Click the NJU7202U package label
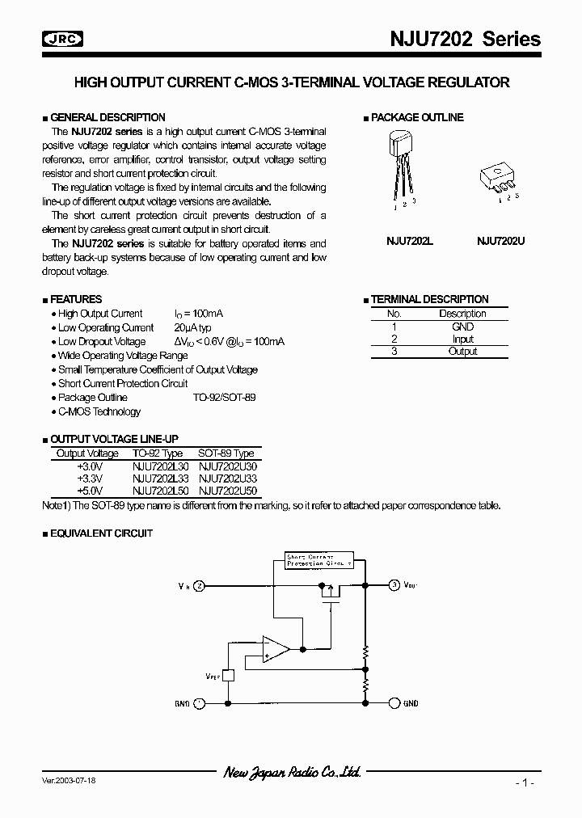[500, 240]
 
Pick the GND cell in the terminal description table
[462, 327]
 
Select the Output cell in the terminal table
[462, 352]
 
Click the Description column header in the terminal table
[462, 314]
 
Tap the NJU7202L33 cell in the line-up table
[160, 479]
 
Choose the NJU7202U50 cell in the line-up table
[227, 491]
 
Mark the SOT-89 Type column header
[226, 453]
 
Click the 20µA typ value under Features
[192, 327]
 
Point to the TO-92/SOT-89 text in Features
[224, 398]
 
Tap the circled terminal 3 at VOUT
[394, 584]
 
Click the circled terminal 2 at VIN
[199, 584]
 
